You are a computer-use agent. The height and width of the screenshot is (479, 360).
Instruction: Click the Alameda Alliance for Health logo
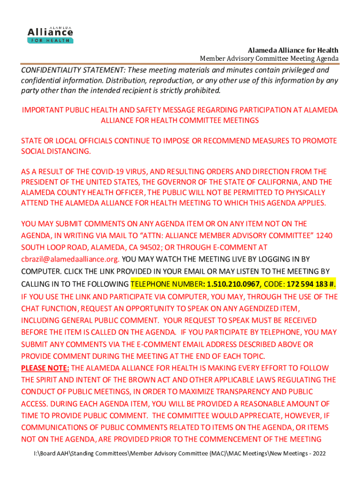click(50, 33)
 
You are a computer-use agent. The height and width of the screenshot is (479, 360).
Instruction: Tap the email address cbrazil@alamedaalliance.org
click(70, 259)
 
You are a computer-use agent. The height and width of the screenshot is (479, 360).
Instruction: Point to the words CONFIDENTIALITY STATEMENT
click(74, 70)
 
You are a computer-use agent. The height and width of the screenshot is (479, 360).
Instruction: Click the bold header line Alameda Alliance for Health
click(293, 50)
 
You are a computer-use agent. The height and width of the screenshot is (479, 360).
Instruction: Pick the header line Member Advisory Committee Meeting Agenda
click(269, 58)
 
